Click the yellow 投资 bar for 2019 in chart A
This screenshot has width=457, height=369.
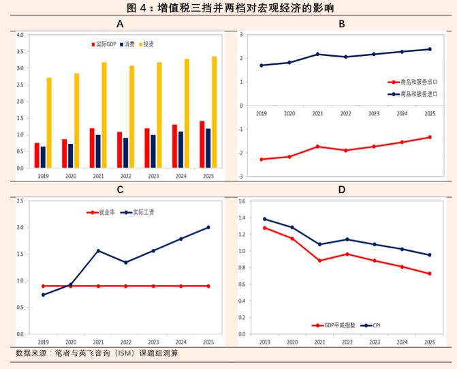[x=49, y=123]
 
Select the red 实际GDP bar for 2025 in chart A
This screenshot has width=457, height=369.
[x=202, y=144]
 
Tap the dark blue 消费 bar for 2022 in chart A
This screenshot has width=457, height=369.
[x=125, y=153]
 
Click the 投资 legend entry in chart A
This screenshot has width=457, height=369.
[x=146, y=44]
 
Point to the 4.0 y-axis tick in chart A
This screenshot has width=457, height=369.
[x=19, y=35]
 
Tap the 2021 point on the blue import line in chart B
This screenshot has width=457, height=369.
[x=317, y=54]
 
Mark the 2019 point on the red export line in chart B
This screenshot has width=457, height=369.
[x=262, y=159]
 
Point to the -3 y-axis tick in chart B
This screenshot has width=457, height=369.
[x=240, y=177]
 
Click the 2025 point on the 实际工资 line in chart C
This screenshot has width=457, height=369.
[x=208, y=227]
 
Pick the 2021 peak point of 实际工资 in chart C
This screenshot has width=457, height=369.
[x=98, y=251]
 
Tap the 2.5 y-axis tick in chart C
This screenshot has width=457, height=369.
[x=19, y=201]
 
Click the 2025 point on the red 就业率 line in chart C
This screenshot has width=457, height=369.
[x=208, y=286]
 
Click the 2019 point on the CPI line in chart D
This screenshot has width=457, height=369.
[x=264, y=219]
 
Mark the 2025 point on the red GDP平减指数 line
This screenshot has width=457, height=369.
[x=430, y=274]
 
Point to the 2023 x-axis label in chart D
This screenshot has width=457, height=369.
[x=375, y=341]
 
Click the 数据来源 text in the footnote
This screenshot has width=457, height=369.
[x=32, y=353]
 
